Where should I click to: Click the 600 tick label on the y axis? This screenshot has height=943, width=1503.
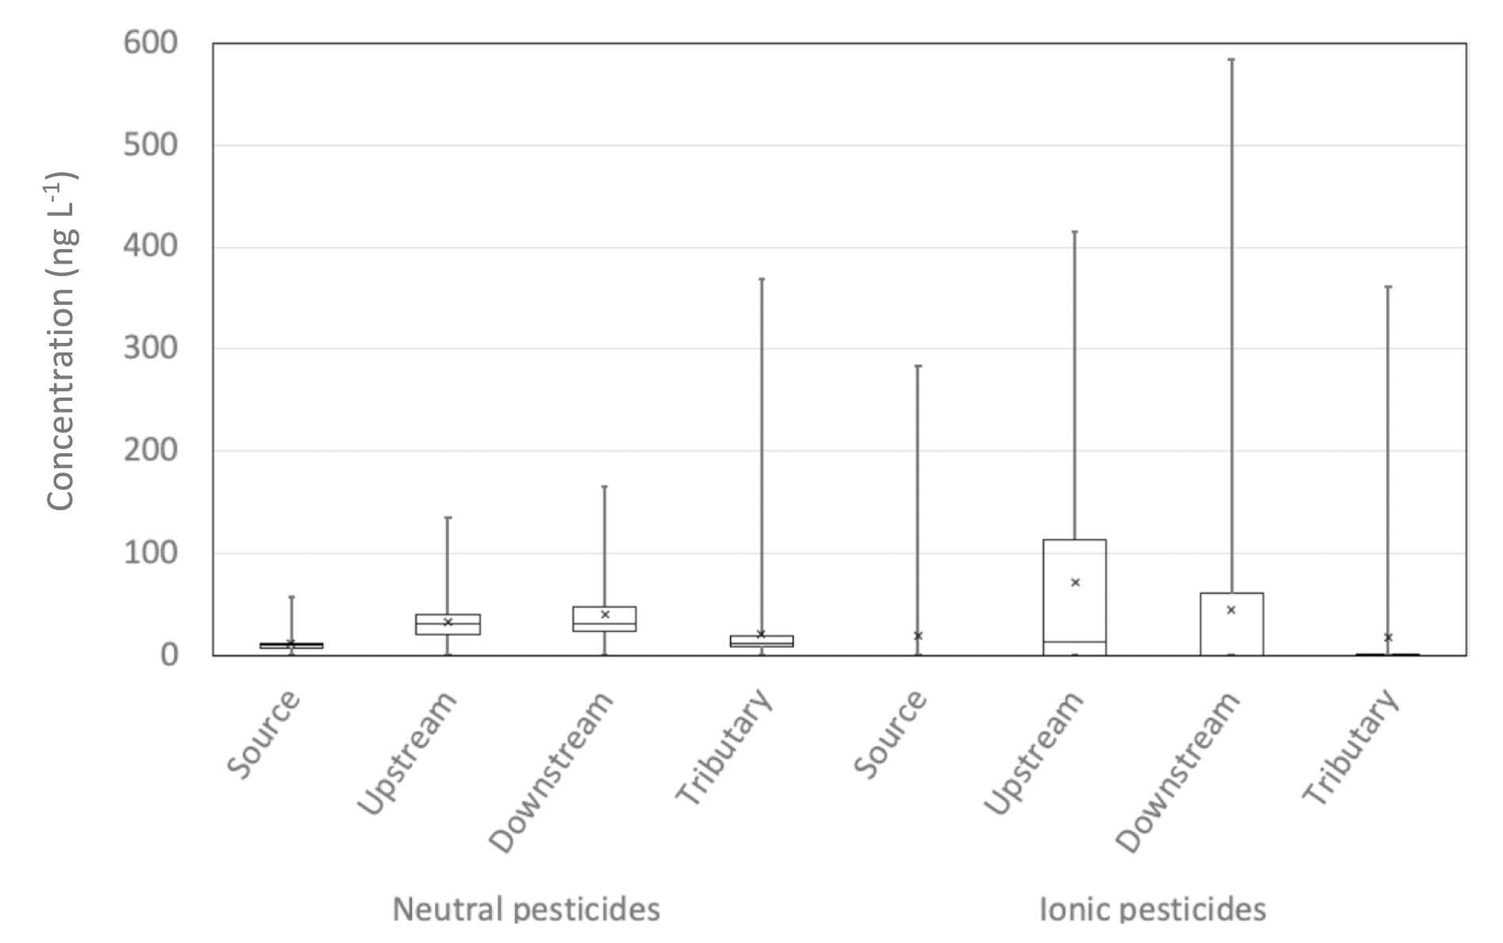[x=150, y=43]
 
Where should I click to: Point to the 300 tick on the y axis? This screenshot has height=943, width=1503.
[x=150, y=348]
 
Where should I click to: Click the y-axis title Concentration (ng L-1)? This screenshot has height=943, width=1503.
[x=62, y=341]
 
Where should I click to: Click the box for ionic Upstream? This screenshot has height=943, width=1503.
[x=1074, y=597]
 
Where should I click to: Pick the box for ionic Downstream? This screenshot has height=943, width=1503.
[x=1231, y=624]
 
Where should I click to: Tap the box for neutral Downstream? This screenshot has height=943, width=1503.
[x=605, y=618]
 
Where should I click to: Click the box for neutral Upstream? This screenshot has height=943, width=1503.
[x=448, y=624]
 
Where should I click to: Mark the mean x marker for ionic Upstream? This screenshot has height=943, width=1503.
[x=1075, y=583]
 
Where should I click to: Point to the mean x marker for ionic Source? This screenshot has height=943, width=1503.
[x=918, y=636]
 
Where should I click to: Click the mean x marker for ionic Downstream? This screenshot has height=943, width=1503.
[x=1231, y=610]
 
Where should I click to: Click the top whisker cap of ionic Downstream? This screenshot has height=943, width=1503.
[x=1231, y=60]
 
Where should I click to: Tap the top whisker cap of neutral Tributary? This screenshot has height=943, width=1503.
[x=761, y=279]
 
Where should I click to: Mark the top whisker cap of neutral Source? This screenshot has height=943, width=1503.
[x=291, y=597]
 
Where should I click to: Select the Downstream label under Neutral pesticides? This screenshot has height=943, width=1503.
[x=552, y=772]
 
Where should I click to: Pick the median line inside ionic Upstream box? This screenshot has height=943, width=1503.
[x=1074, y=641]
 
